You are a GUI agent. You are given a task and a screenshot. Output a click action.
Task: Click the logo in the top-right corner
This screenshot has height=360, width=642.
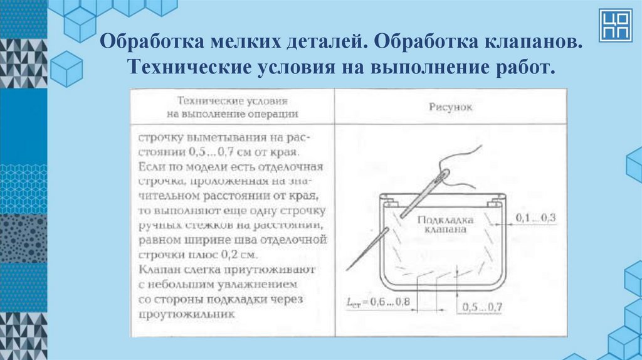pyautogui.click(x=615, y=25)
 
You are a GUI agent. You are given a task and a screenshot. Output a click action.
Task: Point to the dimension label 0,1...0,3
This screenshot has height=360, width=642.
pyautogui.click(x=536, y=218)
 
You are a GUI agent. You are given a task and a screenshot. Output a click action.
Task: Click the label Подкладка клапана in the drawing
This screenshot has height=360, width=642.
pyautogui.click(x=445, y=225)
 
